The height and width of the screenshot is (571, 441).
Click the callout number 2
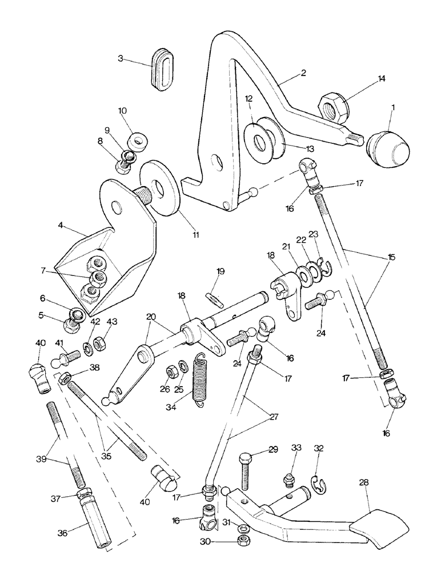point(303,73)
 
